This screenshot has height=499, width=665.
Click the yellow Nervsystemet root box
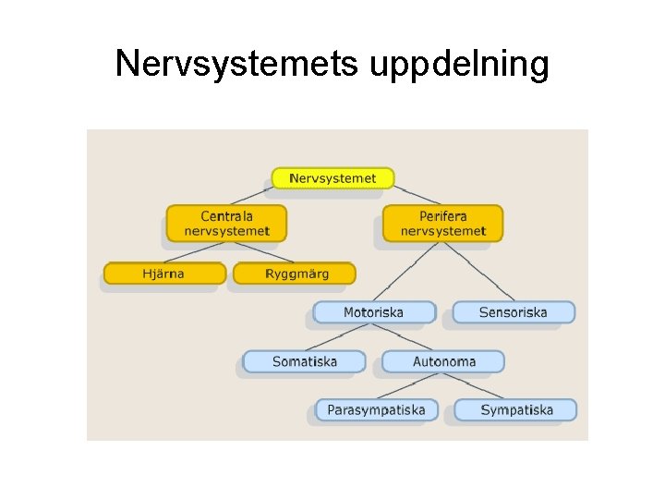tap(332, 177)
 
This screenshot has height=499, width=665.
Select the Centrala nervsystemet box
tap(226, 224)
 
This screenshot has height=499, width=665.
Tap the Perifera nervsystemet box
tap(442, 224)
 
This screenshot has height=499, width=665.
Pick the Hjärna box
tap(164, 274)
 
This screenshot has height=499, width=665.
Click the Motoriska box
tap(373, 312)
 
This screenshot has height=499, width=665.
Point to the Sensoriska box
tap(513, 312)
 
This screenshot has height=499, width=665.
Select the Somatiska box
tap(304, 361)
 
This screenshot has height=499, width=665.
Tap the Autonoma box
tap(443, 361)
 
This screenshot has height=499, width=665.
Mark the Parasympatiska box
tap(376, 409)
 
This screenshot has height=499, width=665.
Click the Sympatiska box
tap(516, 409)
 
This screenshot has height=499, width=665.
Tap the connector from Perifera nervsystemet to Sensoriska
tap(480, 273)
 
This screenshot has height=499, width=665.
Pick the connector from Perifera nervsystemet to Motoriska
tap(406, 273)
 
